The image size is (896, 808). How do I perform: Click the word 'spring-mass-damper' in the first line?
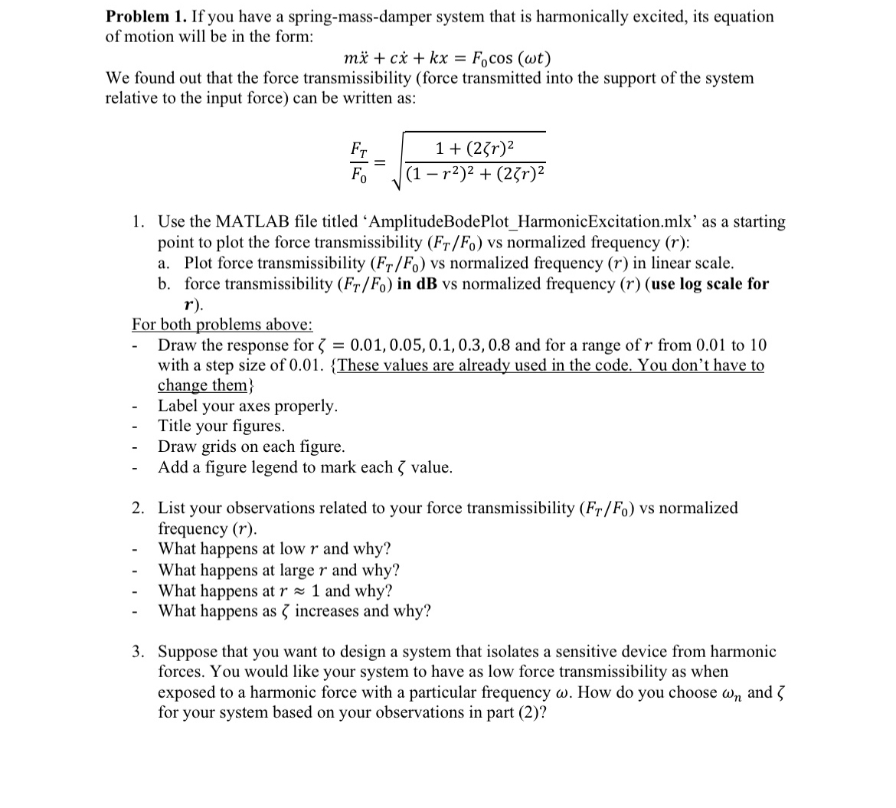coord(345,16)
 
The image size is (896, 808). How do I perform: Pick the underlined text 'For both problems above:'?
coord(222,324)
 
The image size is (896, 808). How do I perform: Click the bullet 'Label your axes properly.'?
coord(247,406)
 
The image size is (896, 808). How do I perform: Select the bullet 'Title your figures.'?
coord(221,426)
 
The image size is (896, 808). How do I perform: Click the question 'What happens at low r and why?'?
coord(274,549)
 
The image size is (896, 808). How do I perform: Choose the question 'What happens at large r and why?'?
coord(279,570)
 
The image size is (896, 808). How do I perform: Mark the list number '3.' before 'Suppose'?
coord(139,652)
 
